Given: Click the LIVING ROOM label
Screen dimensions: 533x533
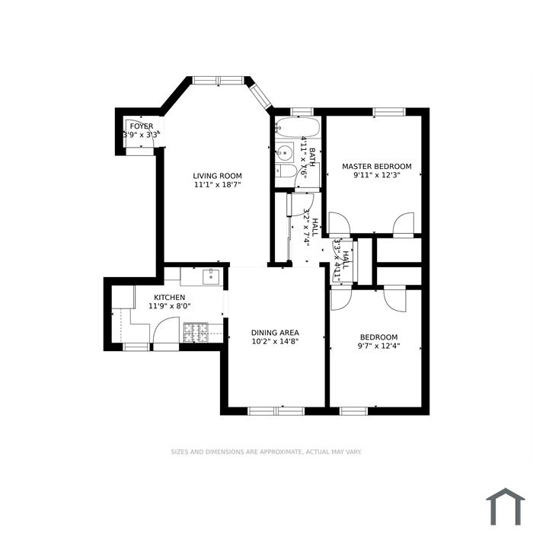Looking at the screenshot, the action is (x=218, y=176).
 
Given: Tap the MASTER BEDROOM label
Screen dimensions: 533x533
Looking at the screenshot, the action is (x=377, y=166).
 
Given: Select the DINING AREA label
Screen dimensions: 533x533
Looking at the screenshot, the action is (x=275, y=333).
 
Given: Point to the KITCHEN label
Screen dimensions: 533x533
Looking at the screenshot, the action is (x=169, y=298).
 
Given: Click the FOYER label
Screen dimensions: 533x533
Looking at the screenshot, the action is (x=142, y=126).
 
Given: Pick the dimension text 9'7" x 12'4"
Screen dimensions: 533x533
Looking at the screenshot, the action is (x=378, y=346).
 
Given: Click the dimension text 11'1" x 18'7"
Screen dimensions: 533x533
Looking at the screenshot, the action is (x=218, y=184).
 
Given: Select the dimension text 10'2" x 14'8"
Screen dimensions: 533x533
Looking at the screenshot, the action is (x=275, y=341).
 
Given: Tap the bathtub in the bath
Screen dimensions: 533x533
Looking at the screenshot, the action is (x=298, y=127).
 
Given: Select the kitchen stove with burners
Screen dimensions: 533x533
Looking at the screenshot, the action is (x=196, y=333).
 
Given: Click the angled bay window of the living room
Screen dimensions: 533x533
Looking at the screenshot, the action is (x=260, y=96).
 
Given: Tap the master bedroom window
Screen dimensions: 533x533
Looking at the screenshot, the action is (x=389, y=112).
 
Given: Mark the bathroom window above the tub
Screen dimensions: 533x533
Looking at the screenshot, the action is (x=302, y=112).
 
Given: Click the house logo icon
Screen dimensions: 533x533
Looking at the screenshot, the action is (x=506, y=506).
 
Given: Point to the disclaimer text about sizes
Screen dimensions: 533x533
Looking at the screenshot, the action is (x=266, y=452).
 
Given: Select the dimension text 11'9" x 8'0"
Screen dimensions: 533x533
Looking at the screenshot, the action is (x=169, y=306).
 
